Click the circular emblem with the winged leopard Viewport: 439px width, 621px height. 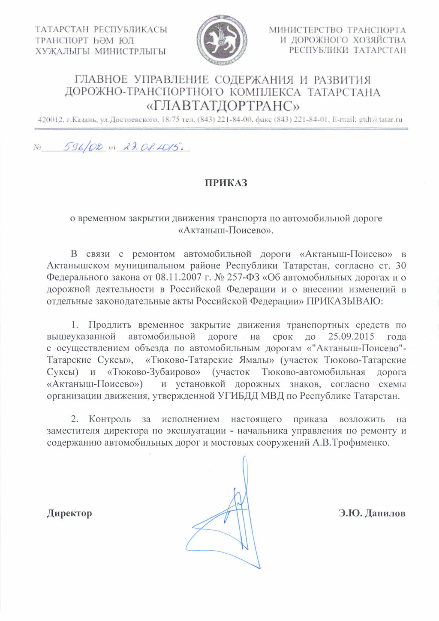click(x=222, y=41)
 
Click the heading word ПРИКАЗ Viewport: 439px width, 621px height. click(x=226, y=183)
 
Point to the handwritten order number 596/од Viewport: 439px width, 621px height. click(x=84, y=147)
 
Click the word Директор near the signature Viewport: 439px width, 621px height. click(x=69, y=513)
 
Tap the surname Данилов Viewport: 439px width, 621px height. click(x=385, y=513)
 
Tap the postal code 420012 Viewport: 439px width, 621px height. click(x=51, y=120)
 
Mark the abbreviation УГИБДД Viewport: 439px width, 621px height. click(x=235, y=395)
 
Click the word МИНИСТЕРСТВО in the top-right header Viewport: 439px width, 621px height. click(x=306, y=30)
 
